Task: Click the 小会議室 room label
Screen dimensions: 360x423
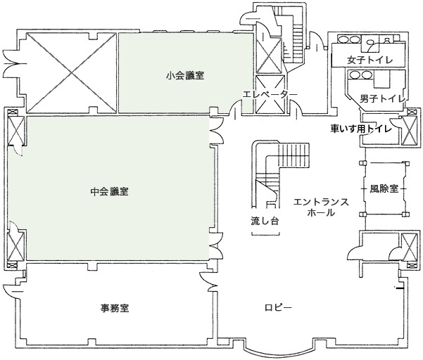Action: [185, 75]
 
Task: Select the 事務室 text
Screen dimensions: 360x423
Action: [113, 308]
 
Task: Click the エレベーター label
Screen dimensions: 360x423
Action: [265, 94]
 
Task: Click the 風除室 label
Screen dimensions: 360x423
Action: [384, 189]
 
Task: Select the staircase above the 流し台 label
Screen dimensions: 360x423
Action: [279, 169]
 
